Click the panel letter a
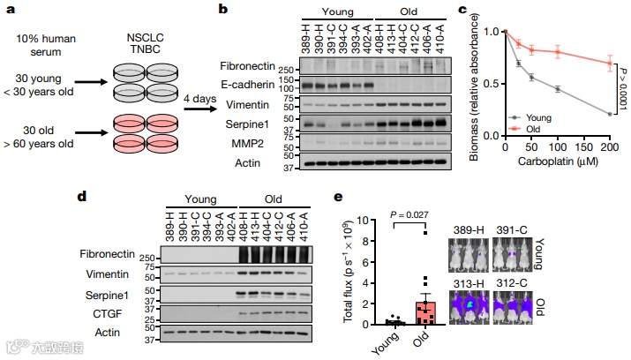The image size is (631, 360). (9, 10)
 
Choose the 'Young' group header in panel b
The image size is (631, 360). (336, 12)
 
